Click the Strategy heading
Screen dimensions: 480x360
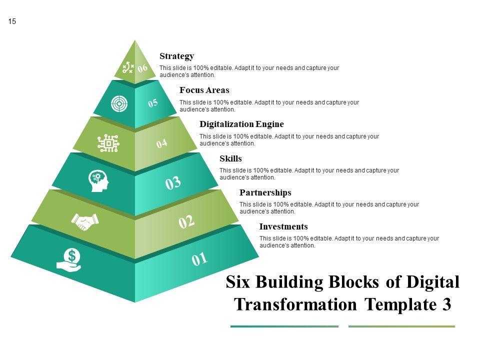click(x=176, y=56)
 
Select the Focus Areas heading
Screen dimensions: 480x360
click(x=204, y=90)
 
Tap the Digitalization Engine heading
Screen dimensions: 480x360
click(x=241, y=124)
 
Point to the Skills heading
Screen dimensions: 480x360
click(x=230, y=159)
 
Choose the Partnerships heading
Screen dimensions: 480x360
click(x=265, y=193)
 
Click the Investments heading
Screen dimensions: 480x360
click(x=283, y=227)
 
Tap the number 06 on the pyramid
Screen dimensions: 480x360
click(x=143, y=68)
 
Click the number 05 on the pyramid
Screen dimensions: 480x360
click(x=153, y=103)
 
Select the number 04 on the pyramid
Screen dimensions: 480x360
click(x=161, y=144)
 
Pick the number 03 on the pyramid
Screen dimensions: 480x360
click(x=172, y=183)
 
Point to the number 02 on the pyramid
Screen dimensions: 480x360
click(x=186, y=221)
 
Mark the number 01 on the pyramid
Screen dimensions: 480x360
click(x=199, y=259)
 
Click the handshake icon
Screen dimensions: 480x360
click(x=85, y=221)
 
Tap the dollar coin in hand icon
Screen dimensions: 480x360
click(x=69, y=260)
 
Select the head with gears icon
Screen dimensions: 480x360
click(x=98, y=180)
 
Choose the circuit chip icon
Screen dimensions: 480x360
click(x=108, y=143)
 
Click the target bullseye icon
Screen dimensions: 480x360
click(x=119, y=104)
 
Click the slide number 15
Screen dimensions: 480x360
click(x=12, y=21)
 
